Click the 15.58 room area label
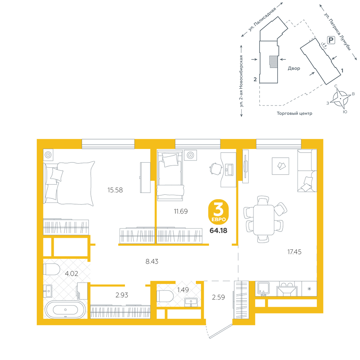pos(115,190)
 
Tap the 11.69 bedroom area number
pos(181,211)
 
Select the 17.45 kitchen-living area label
pos(294,252)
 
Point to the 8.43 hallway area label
pos(152,261)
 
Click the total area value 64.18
pos(219,230)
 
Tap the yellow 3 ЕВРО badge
pos(219,212)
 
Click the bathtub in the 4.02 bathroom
pos(66,310)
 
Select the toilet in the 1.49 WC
pos(165,296)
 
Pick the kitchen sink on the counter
pos(264,289)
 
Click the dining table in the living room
pos(264,220)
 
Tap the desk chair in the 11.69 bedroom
pos(216,169)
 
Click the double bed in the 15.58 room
pos(69,183)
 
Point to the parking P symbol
pos(331,40)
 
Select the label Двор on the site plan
pos(294,68)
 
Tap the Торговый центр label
pos(294,113)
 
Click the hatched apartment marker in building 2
pos(273,62)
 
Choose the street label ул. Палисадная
pos(262,19)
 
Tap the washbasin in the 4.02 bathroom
pos(48,291)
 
